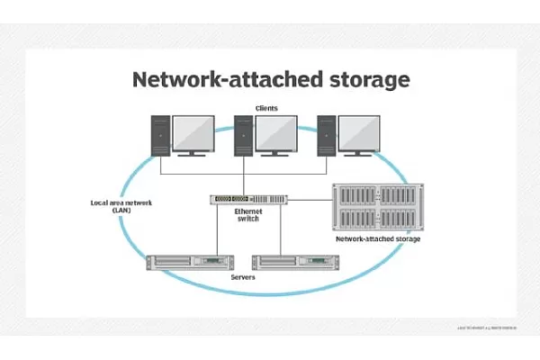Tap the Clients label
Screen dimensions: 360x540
pos(266,108)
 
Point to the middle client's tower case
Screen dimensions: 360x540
pos(244,137)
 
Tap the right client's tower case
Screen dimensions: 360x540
pos(328,137)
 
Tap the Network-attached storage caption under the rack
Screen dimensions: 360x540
pos(378,241)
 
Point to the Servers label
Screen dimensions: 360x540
pos(243,278)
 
